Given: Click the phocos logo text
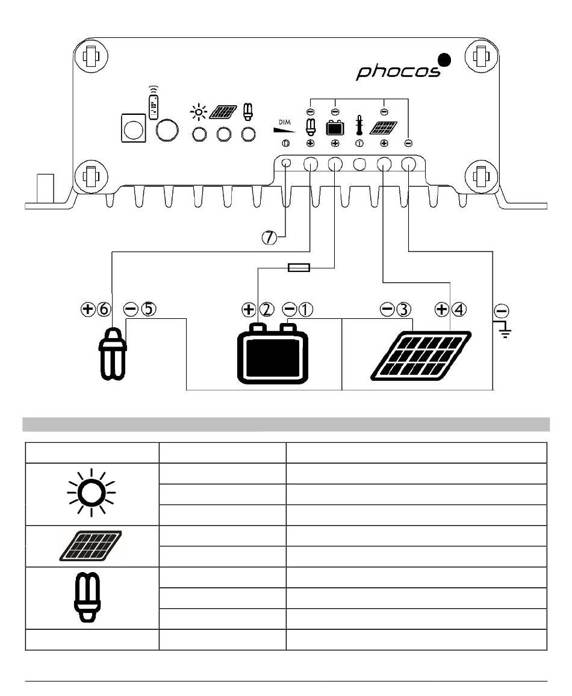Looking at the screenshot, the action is tap(398, 72).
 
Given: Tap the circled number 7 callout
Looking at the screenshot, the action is tap(269, 238).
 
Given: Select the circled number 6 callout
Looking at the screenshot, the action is tap(104, 309).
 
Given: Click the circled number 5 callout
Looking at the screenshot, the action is tap(149, 309).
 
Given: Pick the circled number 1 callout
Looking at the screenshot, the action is tap(305, 309).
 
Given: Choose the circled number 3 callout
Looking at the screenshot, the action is tap(403, 309).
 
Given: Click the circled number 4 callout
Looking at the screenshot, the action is tap(459, 309).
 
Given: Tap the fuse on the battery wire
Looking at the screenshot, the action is tap(299, 268).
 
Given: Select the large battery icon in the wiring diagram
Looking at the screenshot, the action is tap(273, 354).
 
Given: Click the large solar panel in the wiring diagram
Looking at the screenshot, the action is tap(421, 356).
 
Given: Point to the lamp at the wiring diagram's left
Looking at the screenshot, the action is tap(113, 354).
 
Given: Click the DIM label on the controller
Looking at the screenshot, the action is tap(284, 122).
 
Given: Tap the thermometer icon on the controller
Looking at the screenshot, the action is tap(359, 125).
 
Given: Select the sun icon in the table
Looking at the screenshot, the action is tap(92, 492).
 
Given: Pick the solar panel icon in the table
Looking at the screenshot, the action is tap(91, 546).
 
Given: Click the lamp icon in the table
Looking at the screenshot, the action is tap(87, 597).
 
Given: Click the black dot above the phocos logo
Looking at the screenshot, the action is tap(444, 60).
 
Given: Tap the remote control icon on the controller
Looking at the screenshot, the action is tap(154, 102).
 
